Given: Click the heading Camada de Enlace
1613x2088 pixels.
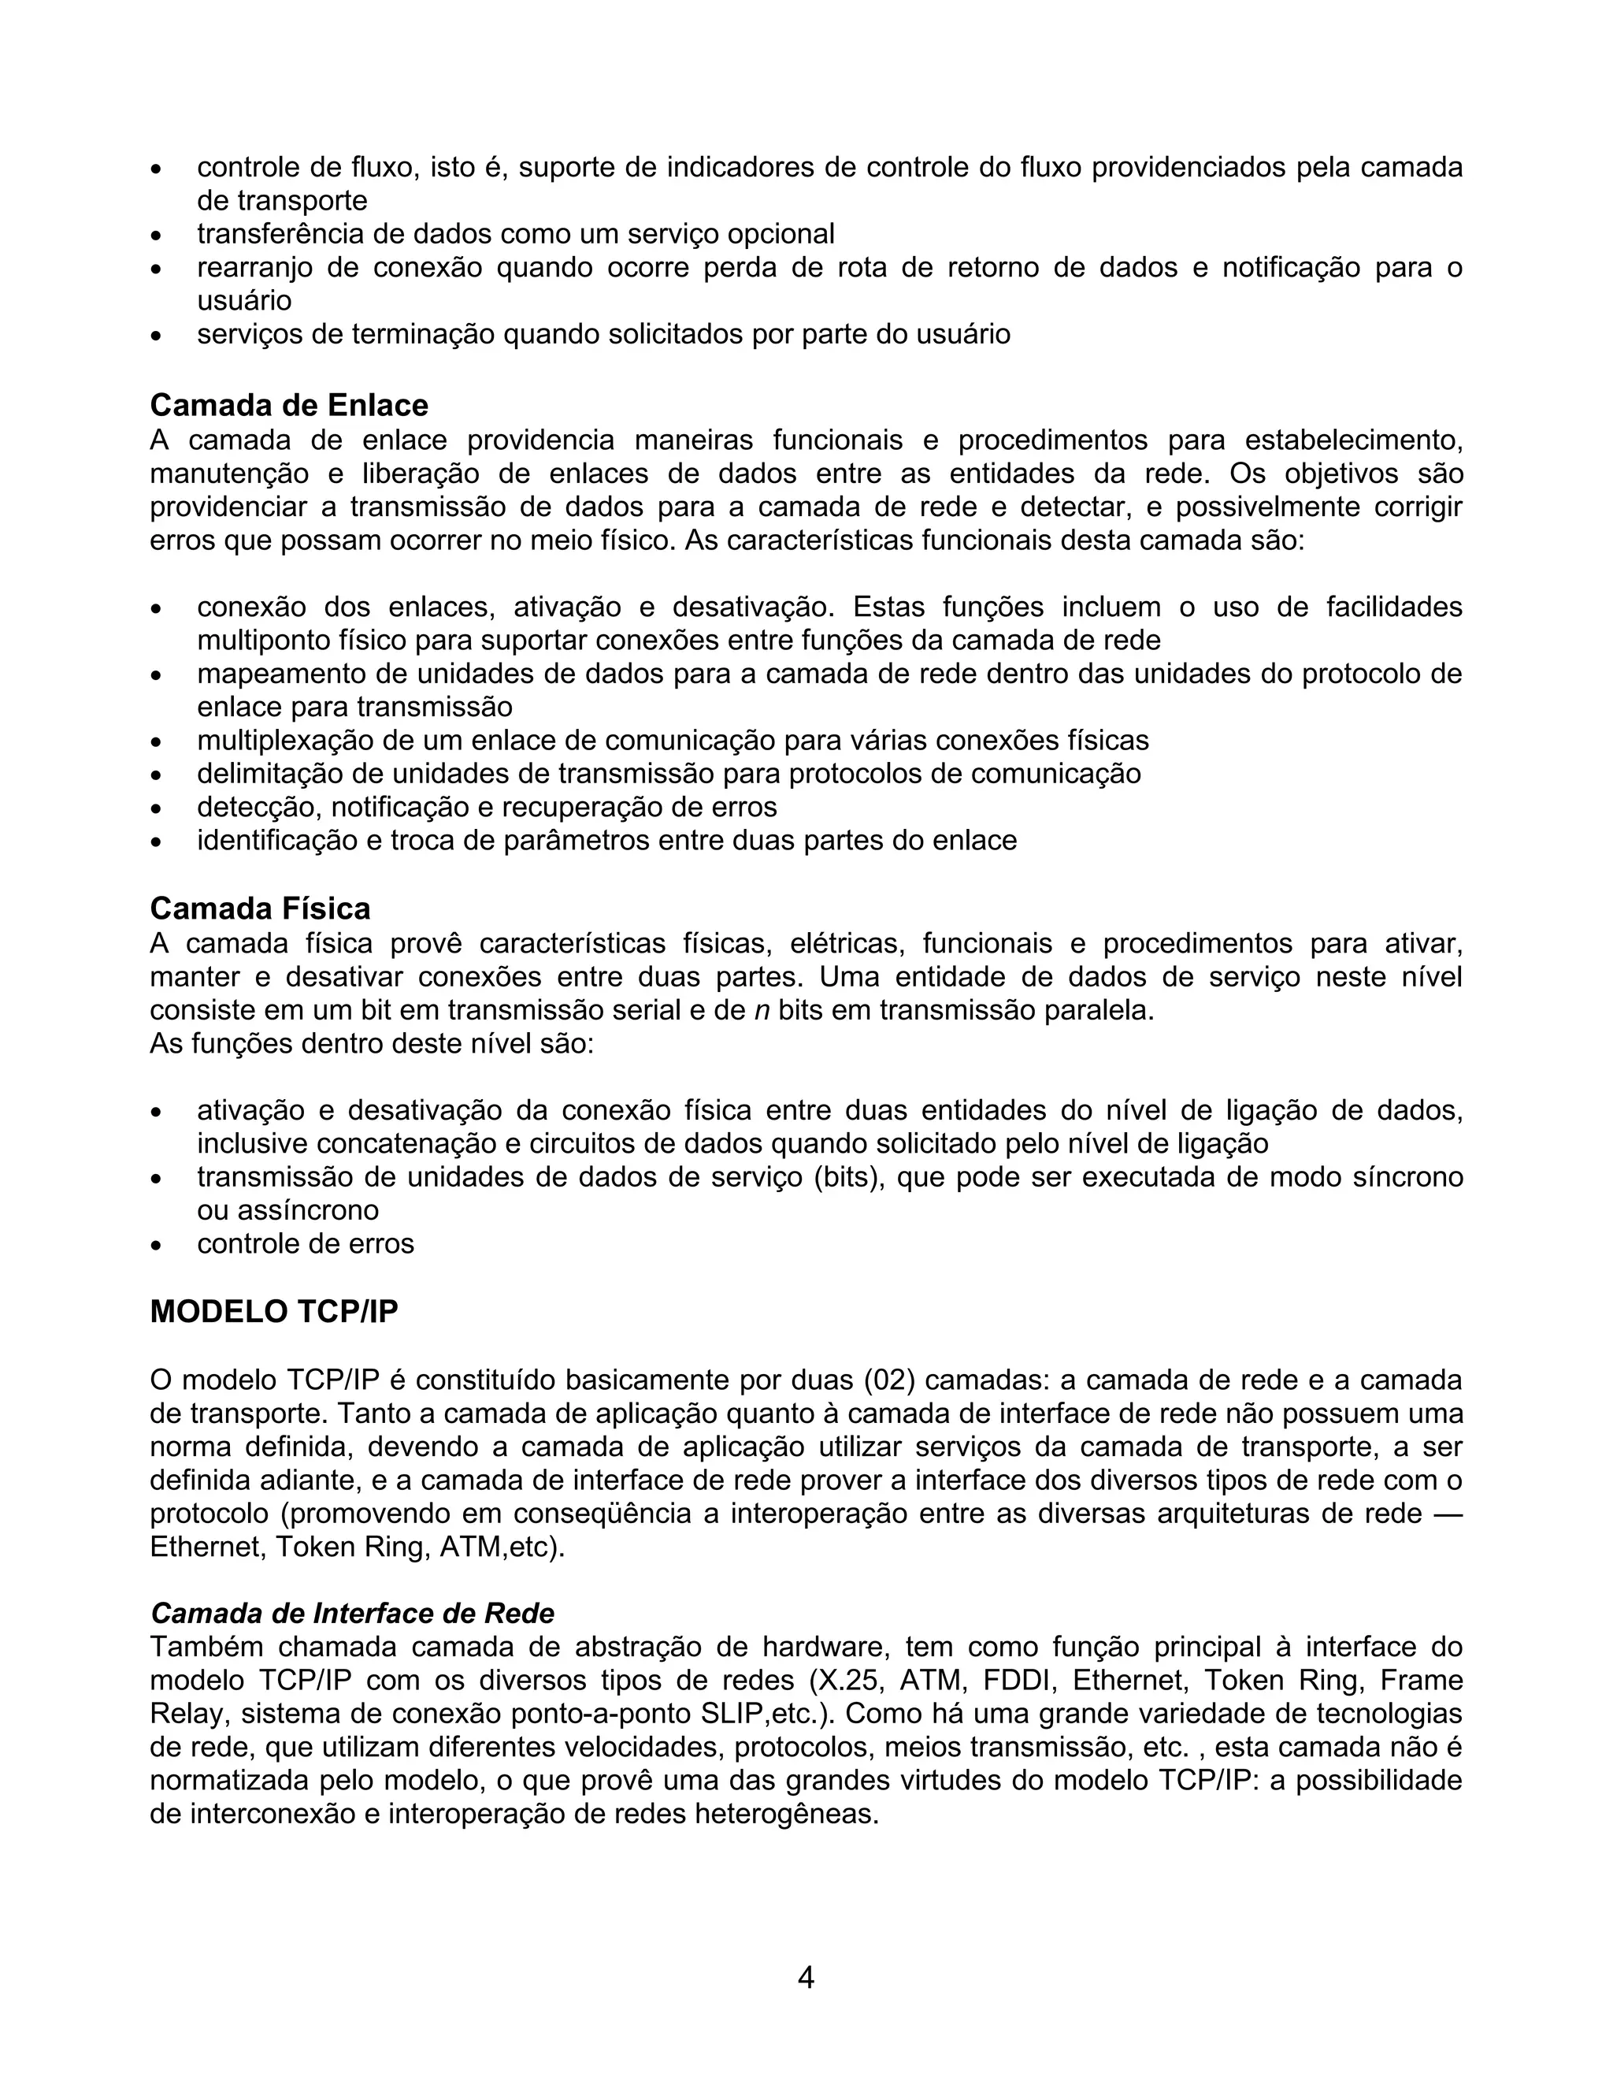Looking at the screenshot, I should (288, 405).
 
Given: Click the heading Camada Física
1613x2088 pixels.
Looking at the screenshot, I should (260, 908).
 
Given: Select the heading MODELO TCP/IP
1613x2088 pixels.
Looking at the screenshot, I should (273, 1312).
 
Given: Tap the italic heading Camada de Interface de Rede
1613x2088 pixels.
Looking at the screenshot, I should (353, 1614).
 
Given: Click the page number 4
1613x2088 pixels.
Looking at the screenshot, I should (806, 1977).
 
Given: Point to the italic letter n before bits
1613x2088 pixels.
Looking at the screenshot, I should (762, 1011).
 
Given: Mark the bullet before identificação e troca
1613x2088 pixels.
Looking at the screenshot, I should (158, 842).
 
